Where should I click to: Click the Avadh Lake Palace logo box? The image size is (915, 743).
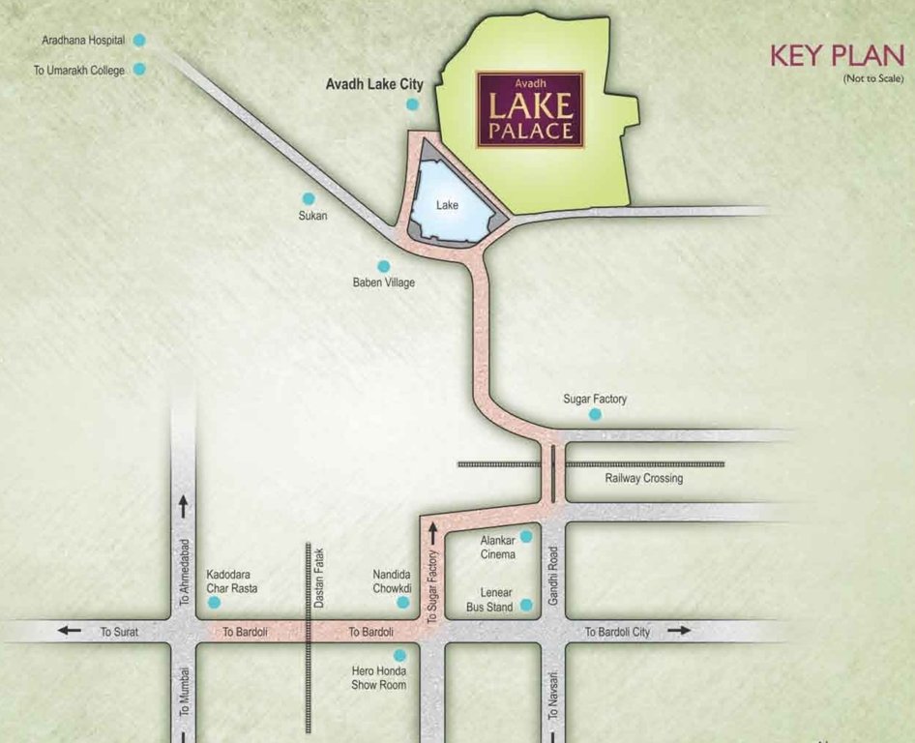tap(530, 108)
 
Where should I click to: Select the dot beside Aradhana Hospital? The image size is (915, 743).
tap(139, 40)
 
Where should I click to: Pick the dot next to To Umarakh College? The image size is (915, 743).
tap(139, 69)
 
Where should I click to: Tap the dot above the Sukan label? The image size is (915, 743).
tap(309, 197)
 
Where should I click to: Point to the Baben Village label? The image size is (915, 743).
tap(383, 282)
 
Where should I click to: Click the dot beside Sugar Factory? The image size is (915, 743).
tap(595, 414)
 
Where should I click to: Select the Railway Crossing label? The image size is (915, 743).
tap(643, 478)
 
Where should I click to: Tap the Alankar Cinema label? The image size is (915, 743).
tap(498, 548)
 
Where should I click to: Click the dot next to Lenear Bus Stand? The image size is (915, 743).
tap(526, 606)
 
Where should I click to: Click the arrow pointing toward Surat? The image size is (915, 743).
tap(69, 631)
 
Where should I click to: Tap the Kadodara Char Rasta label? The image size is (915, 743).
tap(231, 580)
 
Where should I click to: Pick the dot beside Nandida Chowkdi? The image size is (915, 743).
tap(402, 602)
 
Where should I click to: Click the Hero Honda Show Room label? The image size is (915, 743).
tap(378, 677)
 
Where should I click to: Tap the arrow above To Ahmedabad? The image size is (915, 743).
tap(184, 505)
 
